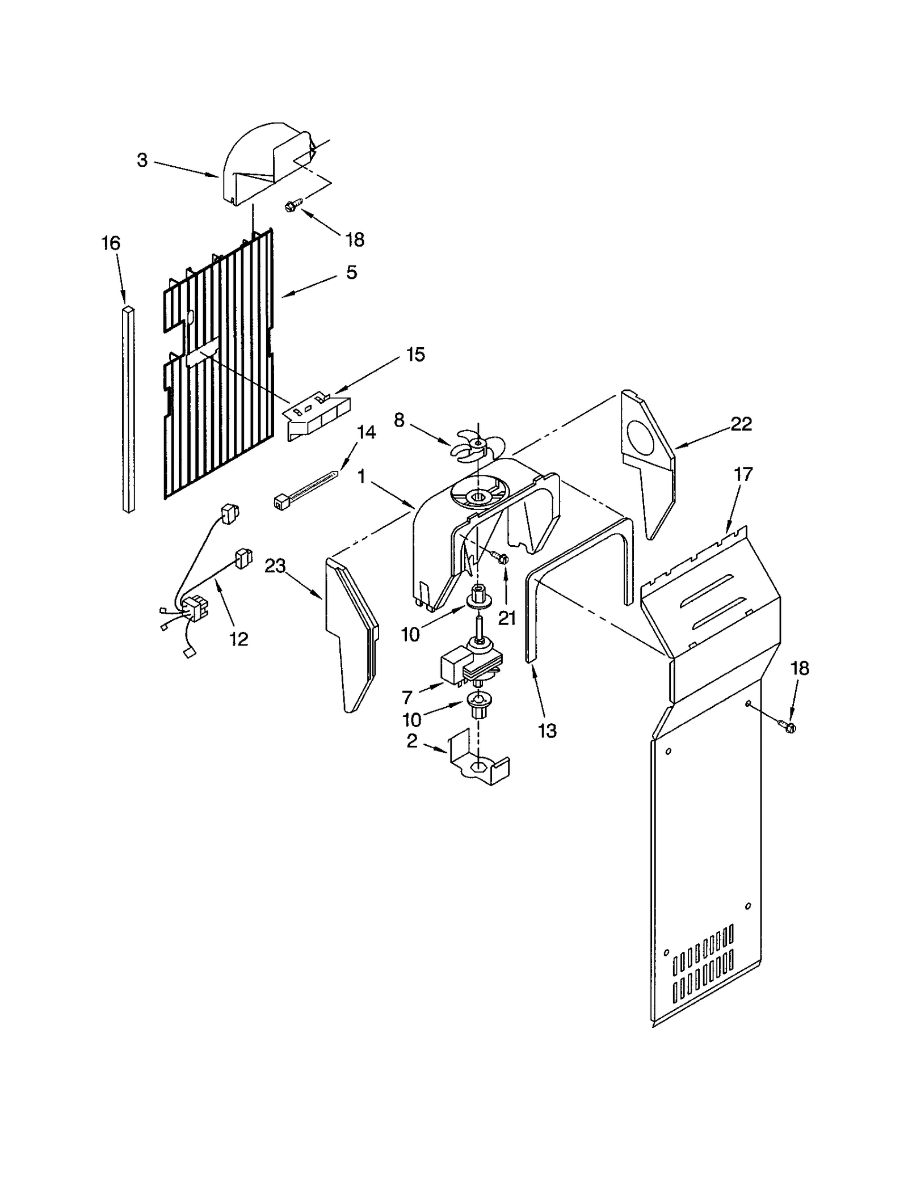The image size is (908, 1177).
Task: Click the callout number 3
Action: point(142,161)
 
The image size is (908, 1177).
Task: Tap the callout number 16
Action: point(111,243)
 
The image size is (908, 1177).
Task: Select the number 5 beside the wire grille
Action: point(351,272)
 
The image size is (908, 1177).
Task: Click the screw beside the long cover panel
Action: point(787,726)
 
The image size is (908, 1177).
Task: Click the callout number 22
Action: point(741,424)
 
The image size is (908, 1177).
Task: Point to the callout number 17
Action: point(743,474)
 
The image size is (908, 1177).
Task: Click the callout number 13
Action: point(547,731)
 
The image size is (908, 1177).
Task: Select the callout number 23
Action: point(275,566)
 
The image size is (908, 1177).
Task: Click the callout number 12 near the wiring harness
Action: point(239,639)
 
